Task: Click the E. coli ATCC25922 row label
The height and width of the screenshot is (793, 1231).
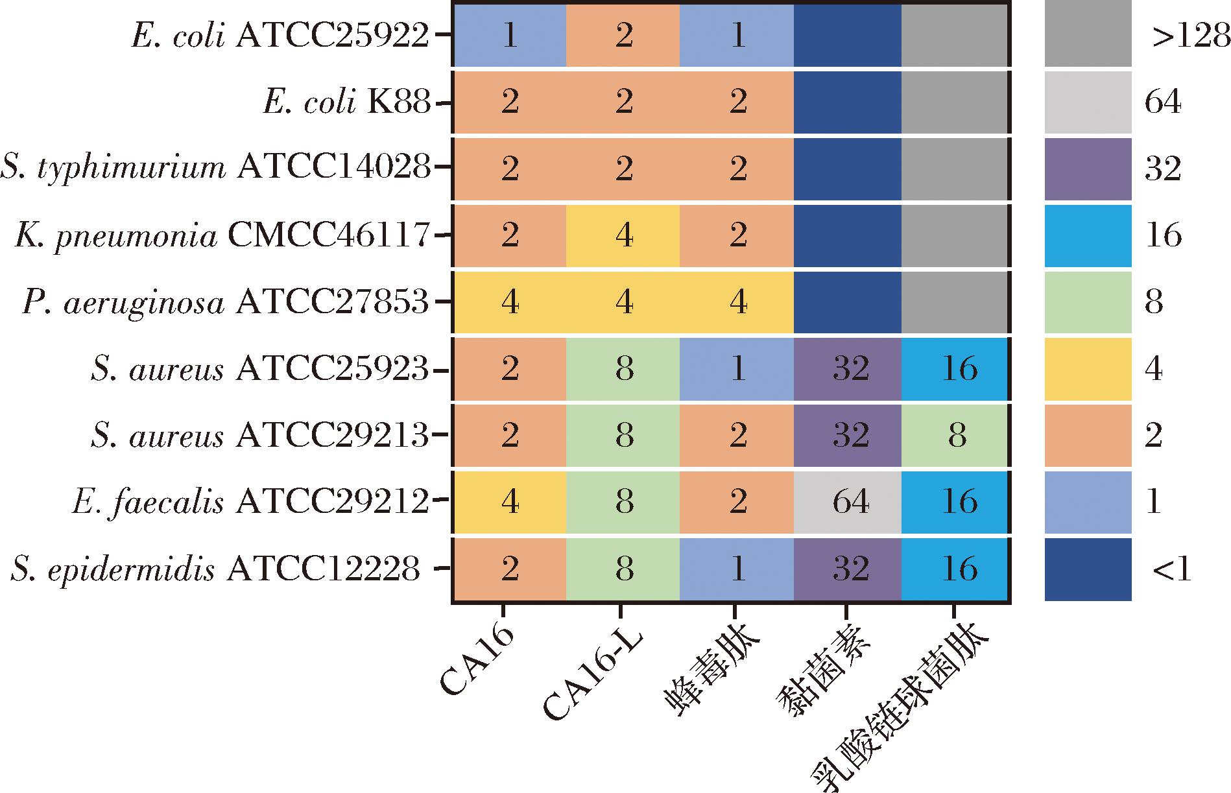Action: click(x=280, y=36)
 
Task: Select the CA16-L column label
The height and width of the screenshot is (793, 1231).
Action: click(x=594, y=678)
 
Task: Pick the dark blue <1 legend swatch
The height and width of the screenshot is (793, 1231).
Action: click(x=1088, y=569)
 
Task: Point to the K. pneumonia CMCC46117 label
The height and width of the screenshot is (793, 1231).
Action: click(x=222, y=236)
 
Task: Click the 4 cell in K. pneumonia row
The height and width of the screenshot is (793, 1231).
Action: click(x=623, y=236)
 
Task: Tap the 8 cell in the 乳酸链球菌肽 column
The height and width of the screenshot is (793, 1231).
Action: click(x=957, y=435)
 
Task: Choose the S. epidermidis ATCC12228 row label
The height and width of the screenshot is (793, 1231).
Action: click(x=215, y=569)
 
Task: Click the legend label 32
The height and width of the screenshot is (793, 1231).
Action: click(x=1163, y=170)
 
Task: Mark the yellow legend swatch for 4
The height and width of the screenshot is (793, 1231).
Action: click(x=1088, y=369)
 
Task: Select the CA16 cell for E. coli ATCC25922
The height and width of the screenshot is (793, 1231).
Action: click(x=510, y=36)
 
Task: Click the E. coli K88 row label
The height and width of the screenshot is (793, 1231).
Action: click(x=347, y=103)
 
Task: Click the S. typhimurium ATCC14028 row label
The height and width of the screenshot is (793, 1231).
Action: click(x=215, y=169)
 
